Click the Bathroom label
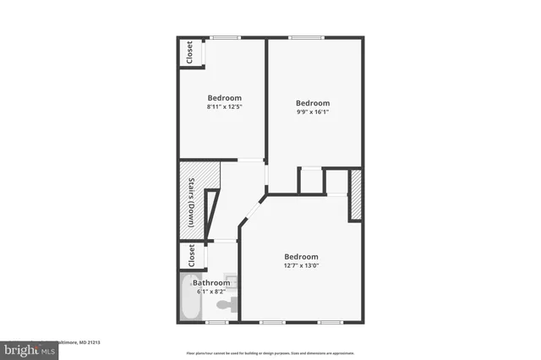[210, 282]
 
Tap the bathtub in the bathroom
[190, 300]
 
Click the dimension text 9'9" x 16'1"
[312, 112]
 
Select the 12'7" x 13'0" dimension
[301, 267]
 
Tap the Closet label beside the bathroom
[191, 254]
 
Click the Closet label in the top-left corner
[189, 52]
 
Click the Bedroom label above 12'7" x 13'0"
[301, 257]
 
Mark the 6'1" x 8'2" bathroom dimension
[210, 292]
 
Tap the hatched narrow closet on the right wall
[356, 195]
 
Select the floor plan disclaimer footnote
[270, 353]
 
